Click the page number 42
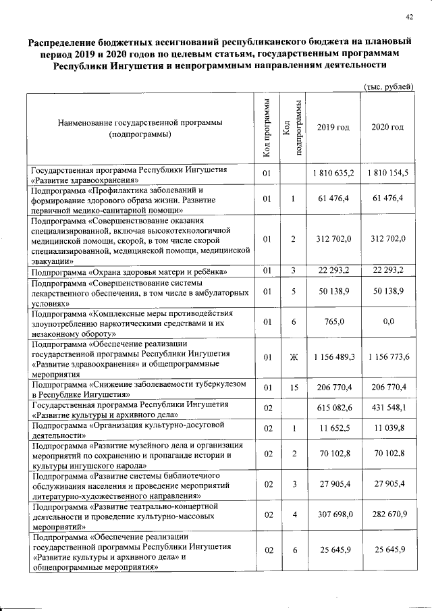(409, 18)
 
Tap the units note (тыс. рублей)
(388, 86)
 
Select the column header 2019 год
(333, 128)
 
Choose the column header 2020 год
(388, 128)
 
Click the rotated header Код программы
(267, 128)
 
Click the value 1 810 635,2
(333, 174)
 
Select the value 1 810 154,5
(388, 174)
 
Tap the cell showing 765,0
(333, 322)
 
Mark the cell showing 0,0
(388, 322)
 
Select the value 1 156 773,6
(388, 356)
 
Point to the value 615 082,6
(333, 409)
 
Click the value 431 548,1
(388, 409)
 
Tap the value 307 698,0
(333, 514)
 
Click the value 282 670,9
(388, 514)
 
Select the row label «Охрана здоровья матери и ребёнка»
(129, 272)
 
